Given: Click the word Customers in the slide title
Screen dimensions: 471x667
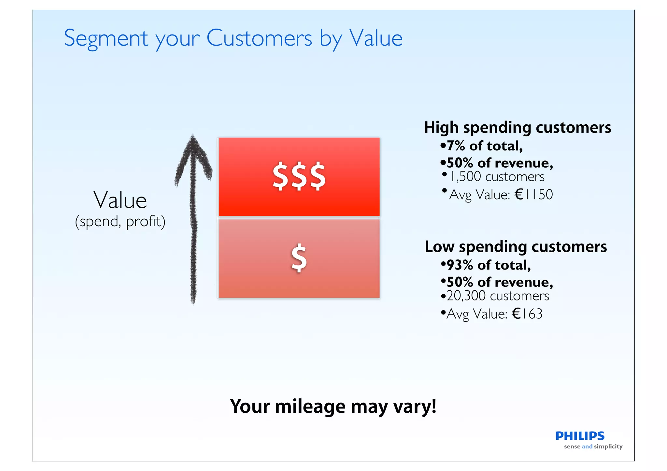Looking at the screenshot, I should coord(259,38).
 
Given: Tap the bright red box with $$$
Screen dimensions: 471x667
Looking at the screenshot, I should coord(299,177).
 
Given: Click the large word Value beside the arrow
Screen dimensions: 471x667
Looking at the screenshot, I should coord(120,200).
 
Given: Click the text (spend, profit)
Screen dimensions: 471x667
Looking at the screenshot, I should coord(120,222).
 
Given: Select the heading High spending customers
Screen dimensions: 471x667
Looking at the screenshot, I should coord(517,127).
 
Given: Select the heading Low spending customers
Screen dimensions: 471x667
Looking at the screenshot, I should coord(516,247).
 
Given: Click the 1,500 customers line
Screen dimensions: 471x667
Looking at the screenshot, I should coord(496,177).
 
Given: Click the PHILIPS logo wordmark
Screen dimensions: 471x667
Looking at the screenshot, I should coord(580,436).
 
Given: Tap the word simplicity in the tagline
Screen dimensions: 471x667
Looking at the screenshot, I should coord(608,447).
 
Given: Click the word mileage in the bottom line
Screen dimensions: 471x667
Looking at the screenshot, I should coord(310,407).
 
